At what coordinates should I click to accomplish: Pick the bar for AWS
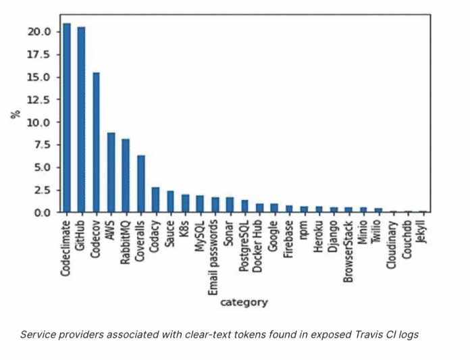tap(111, 172)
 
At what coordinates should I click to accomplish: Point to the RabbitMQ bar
tap(126, 176)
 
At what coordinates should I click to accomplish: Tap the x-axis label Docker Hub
tap(259, 242)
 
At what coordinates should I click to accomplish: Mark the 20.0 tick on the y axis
tap(39, 32)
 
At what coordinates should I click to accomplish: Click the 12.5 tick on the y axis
tap(39, 99)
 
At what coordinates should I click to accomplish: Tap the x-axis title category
tap(244, 302)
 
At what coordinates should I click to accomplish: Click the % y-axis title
tap(15, 114)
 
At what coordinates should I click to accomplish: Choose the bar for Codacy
tap(155, 199)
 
